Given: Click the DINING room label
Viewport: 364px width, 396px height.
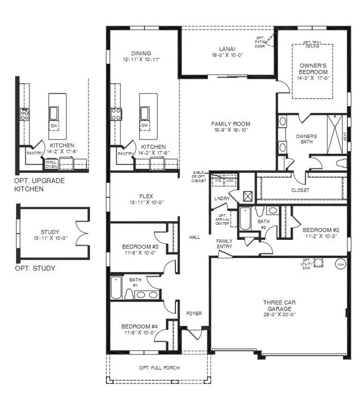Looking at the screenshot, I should [x=140, y=54].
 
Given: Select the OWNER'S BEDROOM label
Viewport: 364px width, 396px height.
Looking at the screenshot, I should [x=313, y=69].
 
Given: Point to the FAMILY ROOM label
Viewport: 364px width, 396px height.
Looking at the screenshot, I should [x=230, y=124].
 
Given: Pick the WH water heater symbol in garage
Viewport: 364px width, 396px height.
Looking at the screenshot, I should [x=340, y=264].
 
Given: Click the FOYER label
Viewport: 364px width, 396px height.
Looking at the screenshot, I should [x=194, y=314].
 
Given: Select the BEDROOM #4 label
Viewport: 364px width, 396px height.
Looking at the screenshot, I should [x=139, y=326].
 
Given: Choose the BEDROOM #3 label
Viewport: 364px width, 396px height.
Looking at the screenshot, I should [x=140, y=246].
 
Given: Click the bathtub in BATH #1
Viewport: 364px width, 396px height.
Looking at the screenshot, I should [x=116, y=288].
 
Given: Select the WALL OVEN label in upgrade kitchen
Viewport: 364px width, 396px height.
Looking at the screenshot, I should [x=51, y=164].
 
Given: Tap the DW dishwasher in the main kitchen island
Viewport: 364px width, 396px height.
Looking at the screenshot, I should [x=144, y=125].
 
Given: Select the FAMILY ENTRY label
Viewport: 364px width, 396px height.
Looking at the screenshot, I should [x=225, y=244].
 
